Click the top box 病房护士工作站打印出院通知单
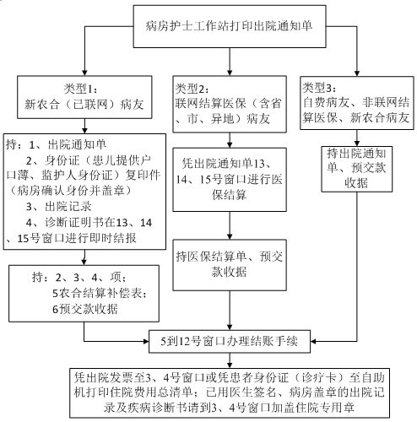click(230, 26)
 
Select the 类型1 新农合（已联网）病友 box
click(84, 97)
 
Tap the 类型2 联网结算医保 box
click(230, 104)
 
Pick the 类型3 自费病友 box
click(357, 103)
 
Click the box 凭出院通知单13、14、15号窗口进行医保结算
click(230, 180)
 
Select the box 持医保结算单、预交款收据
click(230, 265)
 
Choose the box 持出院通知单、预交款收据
click(357, 169)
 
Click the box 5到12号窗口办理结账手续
click(230, 342)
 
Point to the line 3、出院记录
click(59, 207)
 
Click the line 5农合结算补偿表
click(100, 294)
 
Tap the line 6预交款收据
click(85, 309)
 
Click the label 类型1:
click(80, 89)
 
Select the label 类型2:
click(192, 89)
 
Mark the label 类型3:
click(319, 88)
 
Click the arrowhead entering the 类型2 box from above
click(230, 72)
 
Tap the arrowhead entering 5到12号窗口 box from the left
click(145, 342)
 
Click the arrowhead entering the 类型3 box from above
click(357, 73)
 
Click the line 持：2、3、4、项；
click(79, 278)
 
